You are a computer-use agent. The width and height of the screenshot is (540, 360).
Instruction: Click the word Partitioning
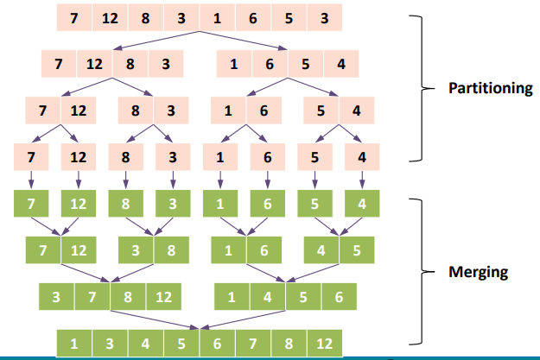click(x=490, y=88)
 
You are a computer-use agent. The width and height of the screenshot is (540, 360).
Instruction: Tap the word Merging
click(x=478, y=272)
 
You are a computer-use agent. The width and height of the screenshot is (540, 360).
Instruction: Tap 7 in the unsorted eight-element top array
click(x=75, y=18)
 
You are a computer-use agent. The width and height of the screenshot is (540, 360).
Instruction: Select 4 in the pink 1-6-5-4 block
click(x=340, y=64)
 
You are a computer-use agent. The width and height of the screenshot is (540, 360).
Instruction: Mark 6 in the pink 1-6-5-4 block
click(x=270, y=64)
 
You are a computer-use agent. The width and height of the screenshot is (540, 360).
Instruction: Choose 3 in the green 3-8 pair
click(x=135, y=250)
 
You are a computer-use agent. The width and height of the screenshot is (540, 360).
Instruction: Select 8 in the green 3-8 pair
click(x=171, y=250)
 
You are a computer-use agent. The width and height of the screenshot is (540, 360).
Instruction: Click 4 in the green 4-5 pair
click(x=321, y=250)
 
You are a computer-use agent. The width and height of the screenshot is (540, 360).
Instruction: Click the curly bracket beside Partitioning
click(x=419, y=88)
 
